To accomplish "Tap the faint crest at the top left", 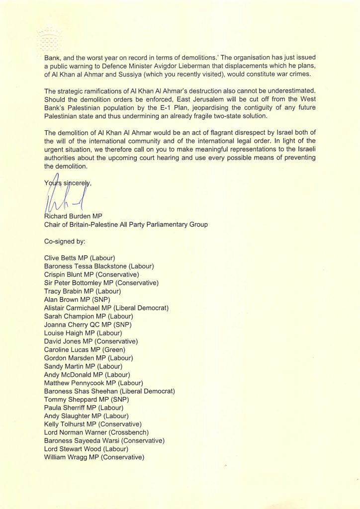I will click(48, 38).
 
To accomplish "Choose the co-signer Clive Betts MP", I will click(80, 258).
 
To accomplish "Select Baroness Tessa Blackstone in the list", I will click(99, 266).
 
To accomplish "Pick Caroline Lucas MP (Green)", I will click(85, 349).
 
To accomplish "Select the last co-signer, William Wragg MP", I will click(94, 457).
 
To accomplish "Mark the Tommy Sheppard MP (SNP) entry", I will click(84, 399).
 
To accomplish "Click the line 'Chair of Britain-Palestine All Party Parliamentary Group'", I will click(126, 225).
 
